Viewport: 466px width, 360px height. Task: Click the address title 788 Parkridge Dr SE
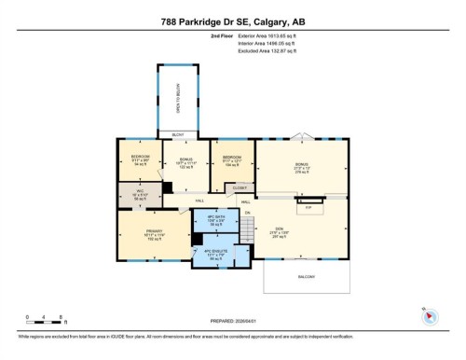tap(233, 20)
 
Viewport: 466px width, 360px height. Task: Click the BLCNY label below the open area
tap(178, 135)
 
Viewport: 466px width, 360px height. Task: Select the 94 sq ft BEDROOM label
tap(140, 159)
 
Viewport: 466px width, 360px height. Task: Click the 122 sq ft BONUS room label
tap(185, 163)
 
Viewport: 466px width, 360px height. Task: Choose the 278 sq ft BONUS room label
tap(300, 169)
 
